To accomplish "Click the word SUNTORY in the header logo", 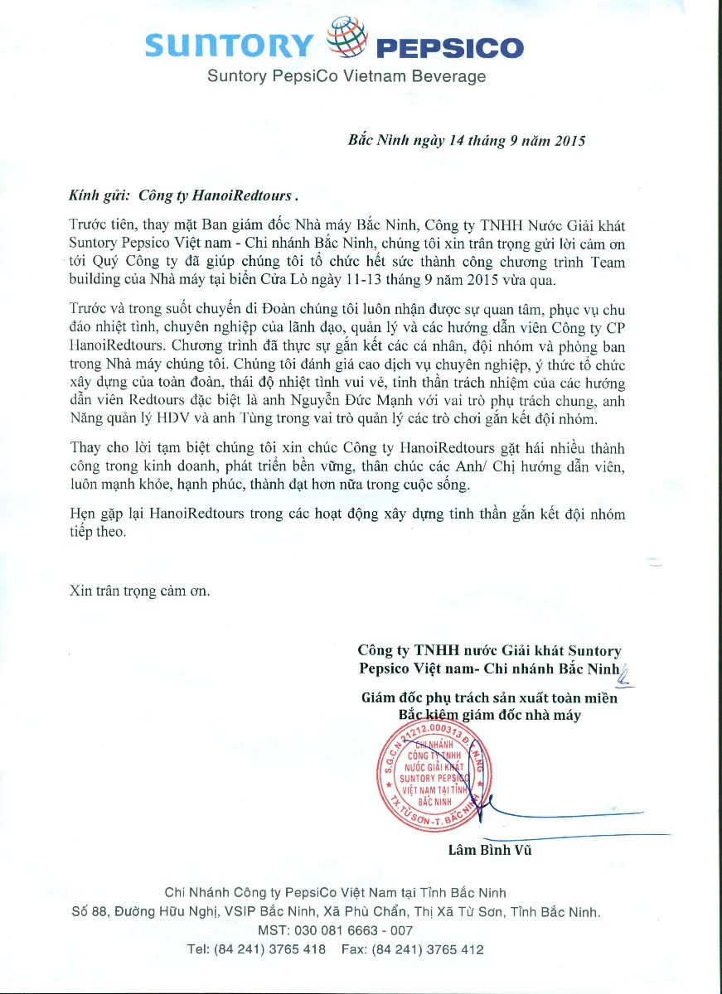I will click(x=230, y=46).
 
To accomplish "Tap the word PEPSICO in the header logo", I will click(x=449, y=48).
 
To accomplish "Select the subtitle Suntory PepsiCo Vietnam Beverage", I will click(x=346, y=77).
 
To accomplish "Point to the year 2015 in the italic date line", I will click(x=569, y=141).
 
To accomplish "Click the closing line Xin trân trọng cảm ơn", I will click(x=140, y=591).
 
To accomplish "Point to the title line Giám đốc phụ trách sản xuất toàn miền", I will click(x=489, y=698).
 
